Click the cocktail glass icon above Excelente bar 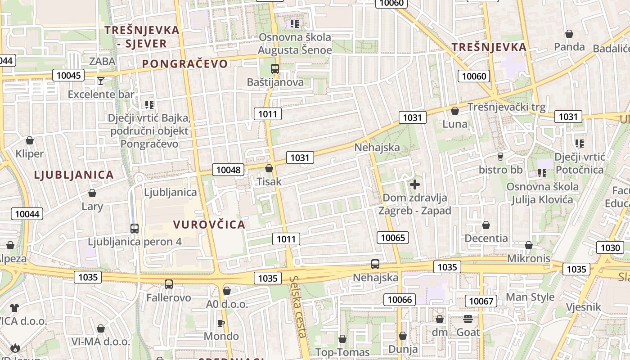coord(101,81)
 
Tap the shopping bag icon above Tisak coord(269,168)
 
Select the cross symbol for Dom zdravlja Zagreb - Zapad coord(415,184)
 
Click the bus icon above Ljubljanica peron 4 coord(135,228)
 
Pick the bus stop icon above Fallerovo coord(169,284)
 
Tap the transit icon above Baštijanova coord(274,69)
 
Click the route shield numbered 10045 coord(68,75)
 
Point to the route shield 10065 coord(393,238)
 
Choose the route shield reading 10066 coord(400,299)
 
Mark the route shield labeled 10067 coord(481,301)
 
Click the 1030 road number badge coord(610,247)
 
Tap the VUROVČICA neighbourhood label coord(209,225)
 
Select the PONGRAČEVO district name coord(185,64)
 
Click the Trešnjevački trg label coord(506,107)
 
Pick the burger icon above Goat coord(468,319)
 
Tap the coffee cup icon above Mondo coord(221,323)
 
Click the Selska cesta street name coord(299,306)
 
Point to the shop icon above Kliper coord(30,140)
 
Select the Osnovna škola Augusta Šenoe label coord(295,44)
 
